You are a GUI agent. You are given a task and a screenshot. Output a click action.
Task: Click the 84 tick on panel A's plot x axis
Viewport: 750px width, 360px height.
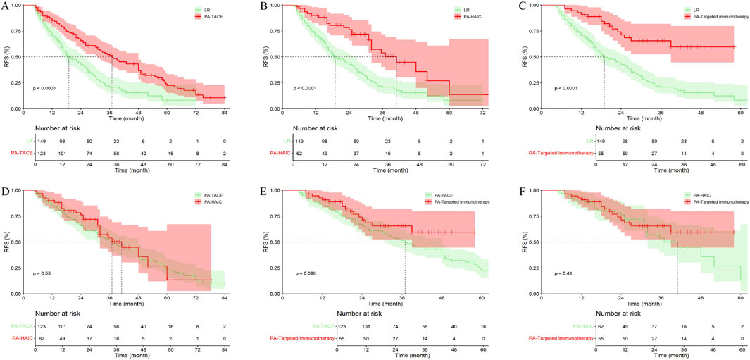coord(225,113)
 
